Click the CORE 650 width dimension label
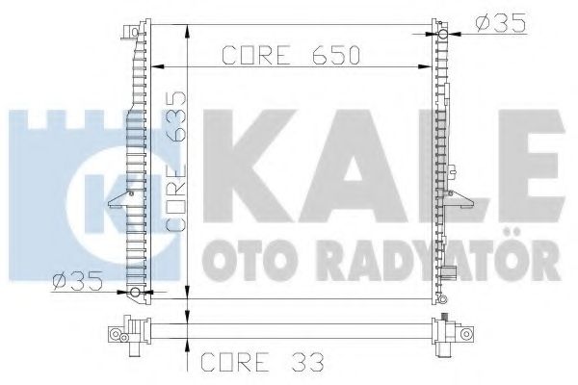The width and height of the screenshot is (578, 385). point(291,55)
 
